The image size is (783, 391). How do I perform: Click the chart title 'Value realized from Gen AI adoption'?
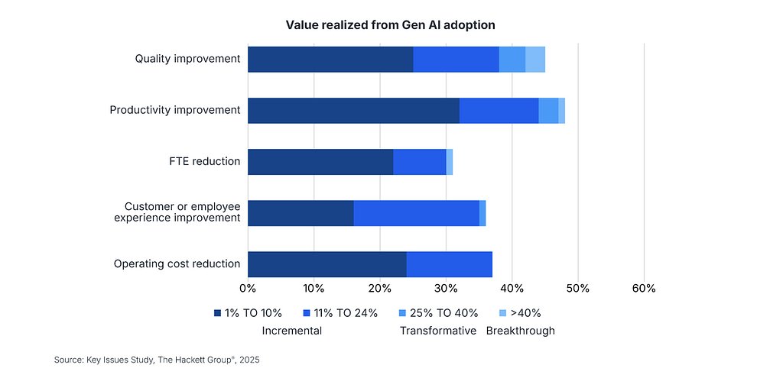tap(390, 25)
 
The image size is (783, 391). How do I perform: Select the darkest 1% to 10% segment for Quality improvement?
tap(330, 60)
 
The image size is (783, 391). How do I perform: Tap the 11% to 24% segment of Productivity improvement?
tap(499, 111)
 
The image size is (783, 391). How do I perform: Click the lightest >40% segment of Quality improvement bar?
tap(534, 60)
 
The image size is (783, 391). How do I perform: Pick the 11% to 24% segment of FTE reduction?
tap(419, 162)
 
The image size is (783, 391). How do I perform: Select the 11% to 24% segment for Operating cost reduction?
tap(449, 264)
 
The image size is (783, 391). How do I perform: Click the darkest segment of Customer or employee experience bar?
tap(301, 213)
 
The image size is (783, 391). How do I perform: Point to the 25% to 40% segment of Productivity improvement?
tap(547, 111)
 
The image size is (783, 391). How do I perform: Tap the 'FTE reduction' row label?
tap(204, 161)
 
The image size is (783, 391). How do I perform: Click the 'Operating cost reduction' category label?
tap(177, 264)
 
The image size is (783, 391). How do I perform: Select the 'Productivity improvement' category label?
tap(174, 110)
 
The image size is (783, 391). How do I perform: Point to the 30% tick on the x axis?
tap(446, 289)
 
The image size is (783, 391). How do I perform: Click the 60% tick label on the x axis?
tap(644, 289)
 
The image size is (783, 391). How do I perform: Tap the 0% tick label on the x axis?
tap(248, 289)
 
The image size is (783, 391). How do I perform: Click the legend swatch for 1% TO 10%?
tap(218, 313)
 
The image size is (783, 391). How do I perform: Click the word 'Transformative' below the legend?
tap(438, 331)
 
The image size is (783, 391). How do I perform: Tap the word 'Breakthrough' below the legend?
tap(520, 331)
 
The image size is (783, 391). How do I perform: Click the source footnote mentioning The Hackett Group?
tap(157, 359)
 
